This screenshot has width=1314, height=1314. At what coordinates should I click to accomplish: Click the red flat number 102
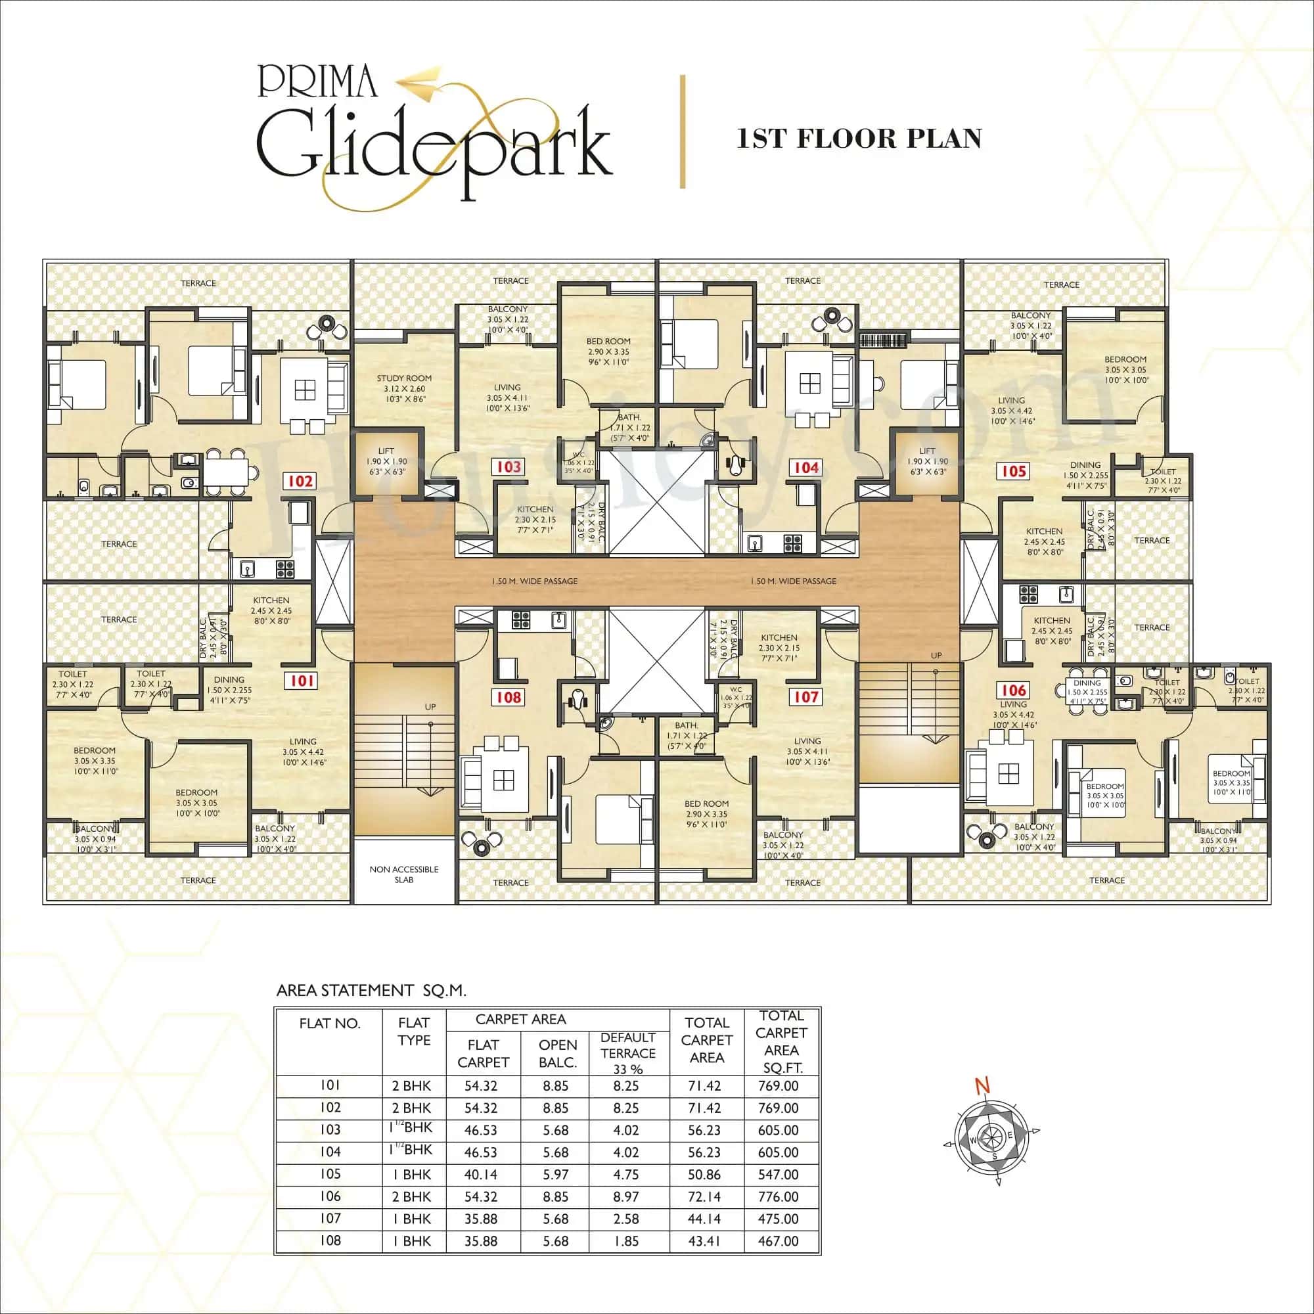(300, 482)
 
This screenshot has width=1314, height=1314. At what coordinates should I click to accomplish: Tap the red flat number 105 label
(1013, 470)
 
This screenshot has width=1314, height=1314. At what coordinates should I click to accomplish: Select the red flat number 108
(508, 697)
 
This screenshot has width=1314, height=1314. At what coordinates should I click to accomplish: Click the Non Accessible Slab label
(404, 874)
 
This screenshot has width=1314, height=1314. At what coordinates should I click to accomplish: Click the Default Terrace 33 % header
(627, 1053)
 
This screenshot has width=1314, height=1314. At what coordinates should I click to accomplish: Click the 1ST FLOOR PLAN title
(859, 138)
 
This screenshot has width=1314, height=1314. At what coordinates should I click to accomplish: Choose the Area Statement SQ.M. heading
(371, 990)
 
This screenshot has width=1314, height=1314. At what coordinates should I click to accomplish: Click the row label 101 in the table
(330, 1085)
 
